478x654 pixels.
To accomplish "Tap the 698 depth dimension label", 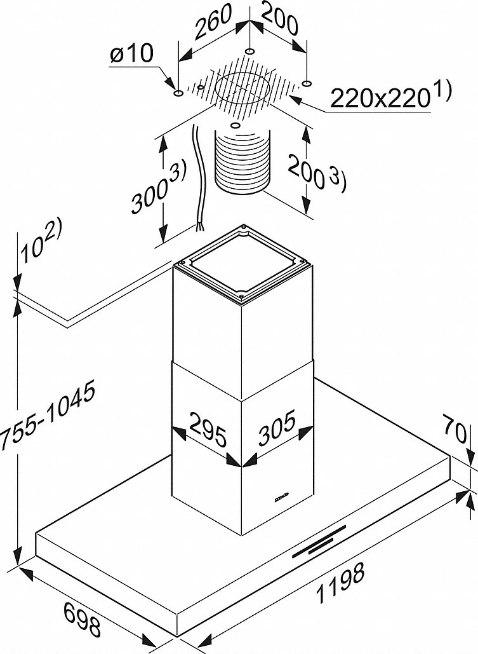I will click(x=83, y=620).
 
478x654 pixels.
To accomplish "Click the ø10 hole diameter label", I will click(x=132, y=55).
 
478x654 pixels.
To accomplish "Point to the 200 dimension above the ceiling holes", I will click(x=279, y=25).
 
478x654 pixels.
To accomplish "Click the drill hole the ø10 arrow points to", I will click(x=178, y=94).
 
